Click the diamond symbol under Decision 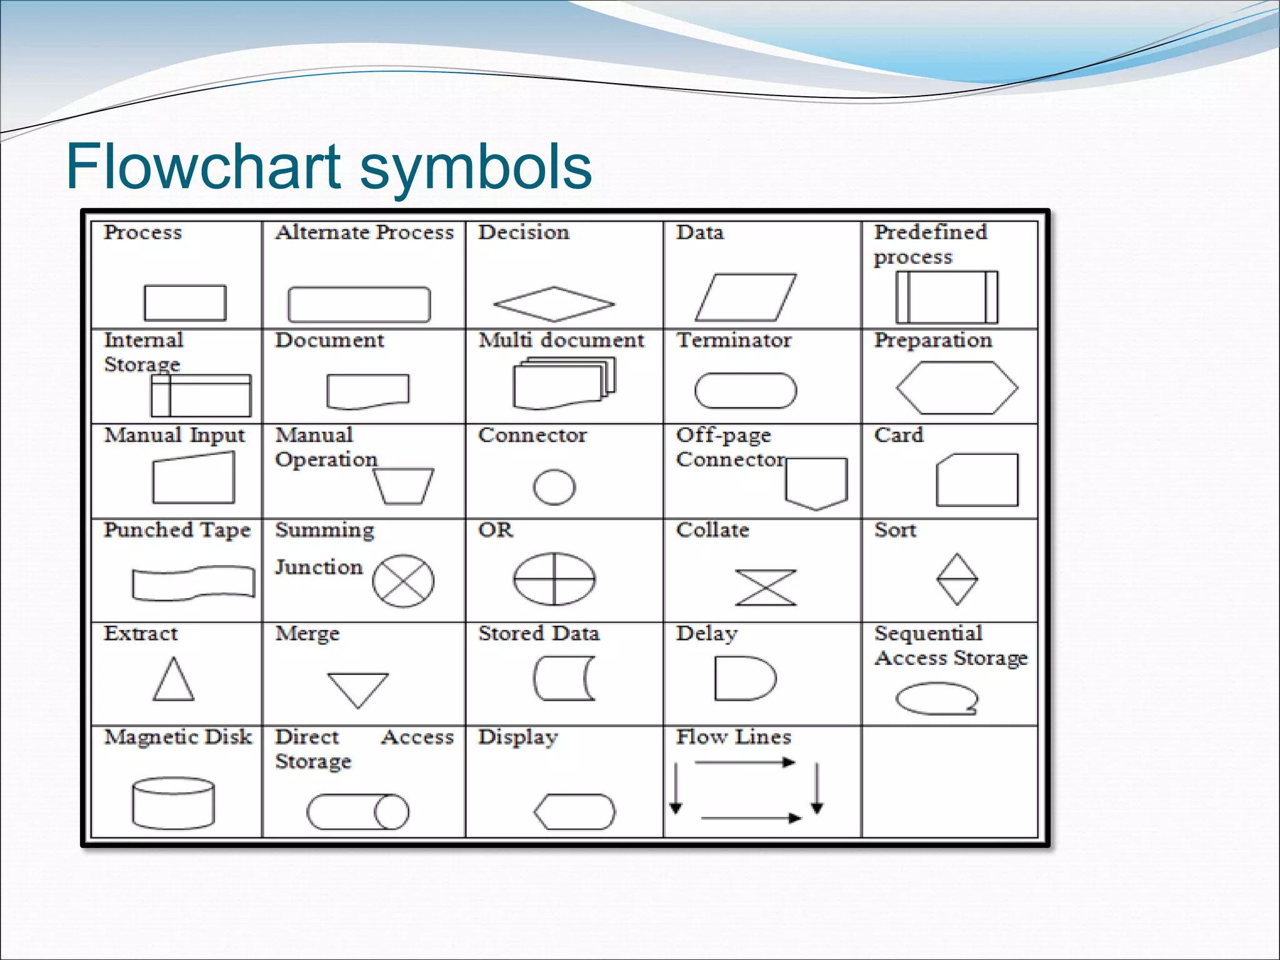point(554,304)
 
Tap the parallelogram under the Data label point(746,297)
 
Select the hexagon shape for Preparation point(956,387)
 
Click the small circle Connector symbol point(554,487)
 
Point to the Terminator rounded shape point(746,391)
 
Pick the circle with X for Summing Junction point(403,581)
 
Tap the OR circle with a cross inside point(554,579)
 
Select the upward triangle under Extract point(174,681)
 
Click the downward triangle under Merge point(358,687)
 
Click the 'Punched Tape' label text point(177,530)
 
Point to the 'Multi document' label point(561,340)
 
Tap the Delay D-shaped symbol point(744,678)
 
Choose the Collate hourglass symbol point(766,587)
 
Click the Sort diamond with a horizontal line point(957,579)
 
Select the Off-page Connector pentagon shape point(816,482)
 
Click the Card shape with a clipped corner point(977,480)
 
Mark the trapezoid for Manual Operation point(403,486)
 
